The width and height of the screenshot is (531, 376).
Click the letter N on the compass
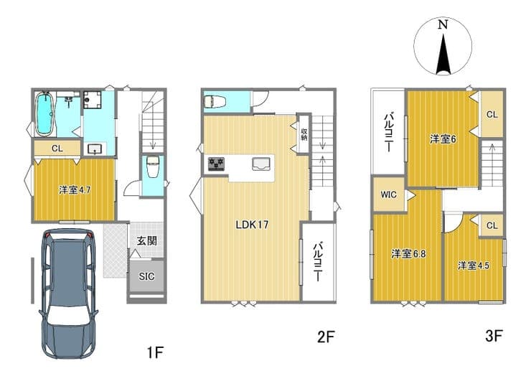coord(443,24)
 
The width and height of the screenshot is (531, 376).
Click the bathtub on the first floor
coord(44,114)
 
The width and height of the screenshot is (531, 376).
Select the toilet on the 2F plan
coord(215,101)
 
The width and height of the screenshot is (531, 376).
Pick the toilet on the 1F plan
coord(152,166)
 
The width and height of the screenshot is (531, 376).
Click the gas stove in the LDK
coord(216,164)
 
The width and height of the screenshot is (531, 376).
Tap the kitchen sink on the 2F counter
coord(260,164)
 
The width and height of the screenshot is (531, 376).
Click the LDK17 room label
coord(253,225)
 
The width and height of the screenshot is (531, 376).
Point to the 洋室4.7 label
coord(75,190)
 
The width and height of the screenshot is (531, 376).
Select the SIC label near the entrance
coord(146,276)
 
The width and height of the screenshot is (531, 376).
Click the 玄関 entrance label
coord(146,241)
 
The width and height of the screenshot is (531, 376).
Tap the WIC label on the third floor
coord(388,194)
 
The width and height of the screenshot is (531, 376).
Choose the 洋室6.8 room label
coord(408,254)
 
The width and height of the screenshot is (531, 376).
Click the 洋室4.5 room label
coord(474,265)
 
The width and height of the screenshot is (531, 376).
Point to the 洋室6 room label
coord(443,139)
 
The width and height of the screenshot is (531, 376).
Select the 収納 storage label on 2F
coord(304,134)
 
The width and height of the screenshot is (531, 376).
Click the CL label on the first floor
coord(57,149)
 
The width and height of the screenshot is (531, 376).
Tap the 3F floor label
coord(493,336)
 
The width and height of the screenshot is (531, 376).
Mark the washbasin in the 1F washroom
coord(94,149)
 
